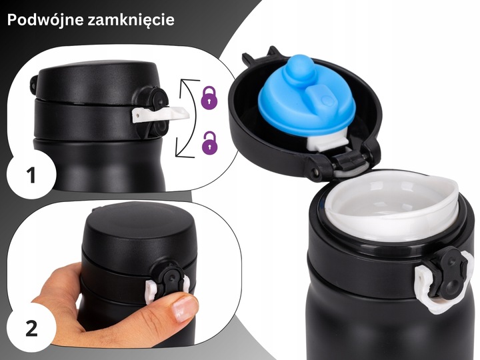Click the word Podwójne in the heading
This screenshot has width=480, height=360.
click(44, 20)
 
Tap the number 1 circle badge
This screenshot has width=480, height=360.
click(30, 176)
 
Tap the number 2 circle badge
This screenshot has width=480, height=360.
click(30, 329)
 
